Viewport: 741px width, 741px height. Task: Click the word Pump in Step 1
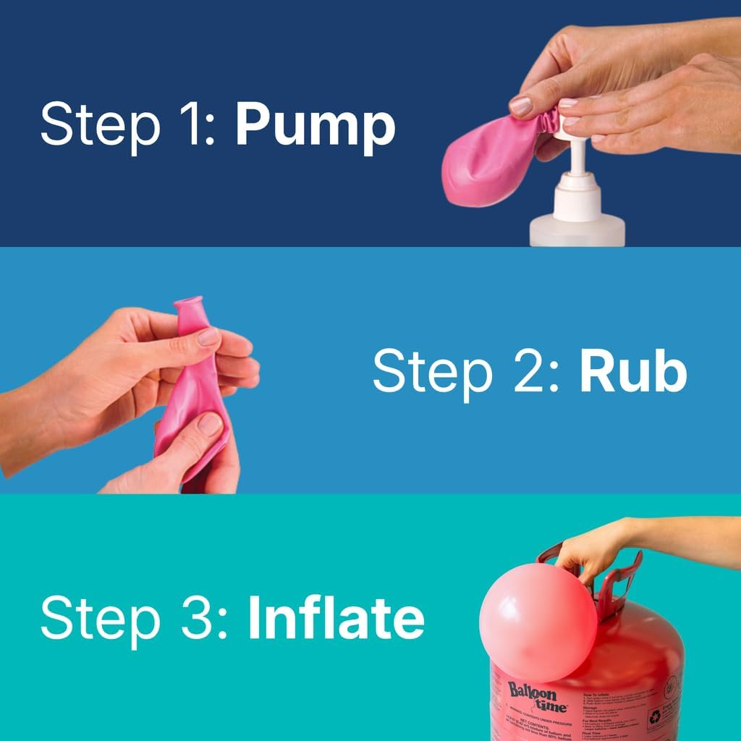pyautogui.click(x=315, y=126)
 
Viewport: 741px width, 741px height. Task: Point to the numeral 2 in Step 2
pyautogui.click(x=536, y=372)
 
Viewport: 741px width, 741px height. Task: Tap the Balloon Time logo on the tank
pyautogui.click(x=536, y=697)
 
